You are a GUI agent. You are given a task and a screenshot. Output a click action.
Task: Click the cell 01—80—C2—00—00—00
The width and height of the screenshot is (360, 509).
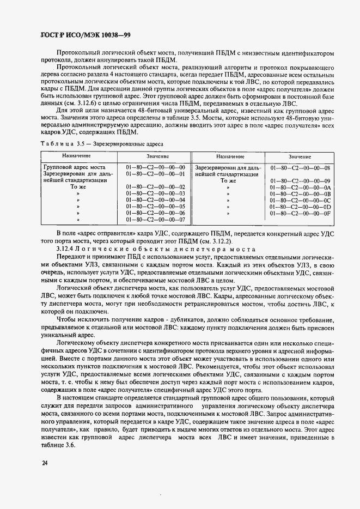tap(155, 167)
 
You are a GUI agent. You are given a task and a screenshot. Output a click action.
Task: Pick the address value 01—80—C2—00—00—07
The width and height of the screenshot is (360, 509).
tap(155, 220)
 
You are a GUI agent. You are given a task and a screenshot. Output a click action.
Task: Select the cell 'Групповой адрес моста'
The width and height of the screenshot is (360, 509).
tap(74, 167)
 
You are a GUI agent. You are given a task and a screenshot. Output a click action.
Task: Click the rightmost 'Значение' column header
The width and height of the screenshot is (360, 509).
tap(300, 156)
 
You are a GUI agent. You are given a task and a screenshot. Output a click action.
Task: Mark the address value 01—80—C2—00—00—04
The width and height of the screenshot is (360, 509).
tap(155, 200)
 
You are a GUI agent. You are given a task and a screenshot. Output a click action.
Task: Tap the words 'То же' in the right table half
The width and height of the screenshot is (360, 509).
tap(228, 180)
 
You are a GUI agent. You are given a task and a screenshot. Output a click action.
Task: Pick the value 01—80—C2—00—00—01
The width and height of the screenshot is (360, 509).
tap(155, 174)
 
